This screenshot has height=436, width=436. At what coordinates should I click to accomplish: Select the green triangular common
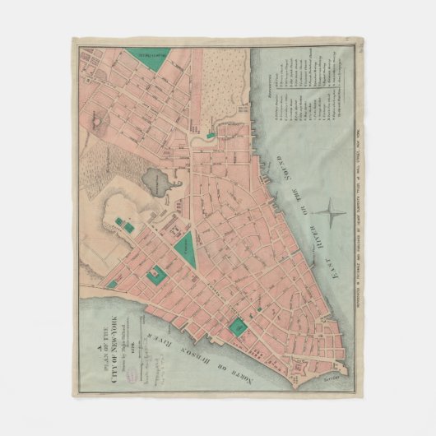[185, 246]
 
